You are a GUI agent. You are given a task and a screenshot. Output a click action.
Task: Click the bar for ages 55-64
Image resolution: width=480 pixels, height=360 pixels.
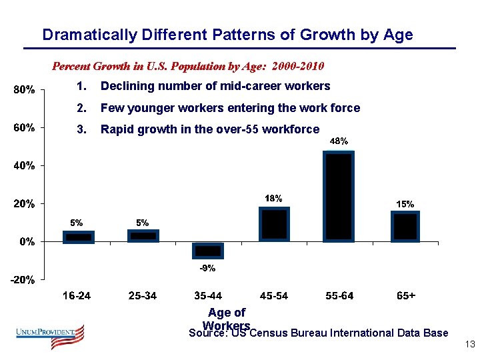pos(339,197)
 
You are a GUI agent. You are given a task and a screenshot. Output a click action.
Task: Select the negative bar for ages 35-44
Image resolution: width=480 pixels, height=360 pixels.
pos(208,250)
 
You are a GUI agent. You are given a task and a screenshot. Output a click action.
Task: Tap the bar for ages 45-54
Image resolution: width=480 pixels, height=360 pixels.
pos(274,224)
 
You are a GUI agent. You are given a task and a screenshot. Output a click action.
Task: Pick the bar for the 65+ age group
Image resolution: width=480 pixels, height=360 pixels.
pos(404,227)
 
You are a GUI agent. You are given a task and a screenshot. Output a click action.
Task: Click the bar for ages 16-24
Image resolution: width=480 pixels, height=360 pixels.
pos(79,237)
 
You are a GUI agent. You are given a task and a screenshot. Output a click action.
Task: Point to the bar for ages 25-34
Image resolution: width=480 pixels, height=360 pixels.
pos(143,236)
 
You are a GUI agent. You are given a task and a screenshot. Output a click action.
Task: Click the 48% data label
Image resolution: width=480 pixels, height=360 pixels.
pos(339,141)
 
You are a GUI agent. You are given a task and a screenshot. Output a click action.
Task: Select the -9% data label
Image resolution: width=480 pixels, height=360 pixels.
pos(208,268)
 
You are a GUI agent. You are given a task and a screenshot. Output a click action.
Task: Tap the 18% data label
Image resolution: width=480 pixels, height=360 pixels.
pos(274,198)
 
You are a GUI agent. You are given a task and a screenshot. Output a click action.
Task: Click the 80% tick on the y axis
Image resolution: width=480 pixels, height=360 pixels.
pos(25,89)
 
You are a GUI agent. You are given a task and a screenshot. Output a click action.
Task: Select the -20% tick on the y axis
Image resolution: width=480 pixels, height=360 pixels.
pos(23,280)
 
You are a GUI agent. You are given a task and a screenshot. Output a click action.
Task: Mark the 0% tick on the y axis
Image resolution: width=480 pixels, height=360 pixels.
pos(27,242)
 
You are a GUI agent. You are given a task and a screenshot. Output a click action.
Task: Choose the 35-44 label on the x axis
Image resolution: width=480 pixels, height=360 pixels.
pos(208,296)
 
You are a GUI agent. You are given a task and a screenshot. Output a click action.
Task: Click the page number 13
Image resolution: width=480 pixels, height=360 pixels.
pos(467,345)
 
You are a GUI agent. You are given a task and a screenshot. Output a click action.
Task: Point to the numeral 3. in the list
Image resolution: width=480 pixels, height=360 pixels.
pos(82,129)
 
